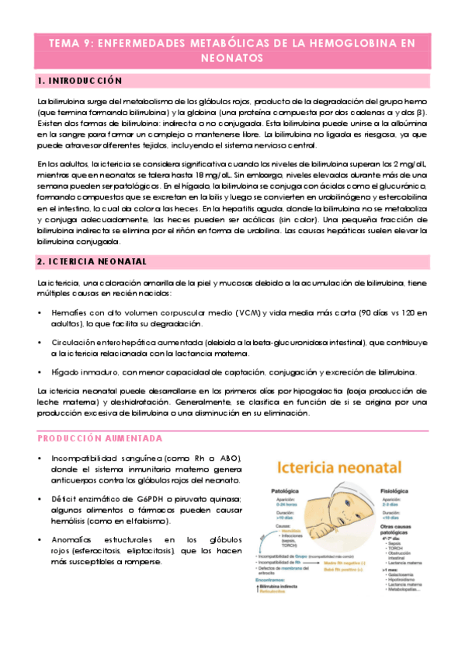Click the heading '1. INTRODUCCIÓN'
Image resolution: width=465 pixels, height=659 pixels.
(81, 82)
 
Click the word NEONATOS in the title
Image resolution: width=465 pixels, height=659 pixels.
(232, 58)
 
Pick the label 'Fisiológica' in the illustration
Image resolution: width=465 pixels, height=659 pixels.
(394, 492)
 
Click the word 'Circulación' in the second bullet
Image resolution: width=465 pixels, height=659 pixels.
(73, 343)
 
